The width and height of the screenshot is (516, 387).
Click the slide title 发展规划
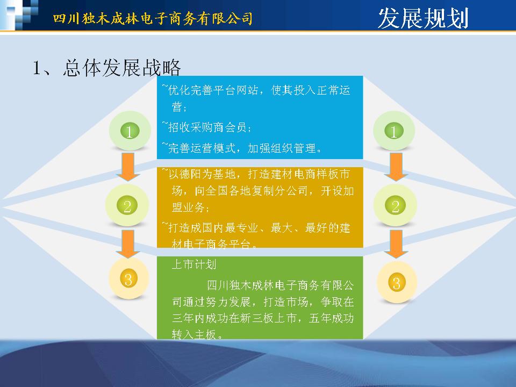(x=423, y=18)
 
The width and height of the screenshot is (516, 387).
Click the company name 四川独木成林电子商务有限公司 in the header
(x=153, y=18)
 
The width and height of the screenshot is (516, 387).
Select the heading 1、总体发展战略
(x=106, y=68)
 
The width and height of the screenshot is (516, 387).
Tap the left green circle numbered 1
(x=130, y=131)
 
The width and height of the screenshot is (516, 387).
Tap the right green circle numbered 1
(x=394, y=131)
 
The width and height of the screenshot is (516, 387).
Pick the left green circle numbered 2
(x=127, y=205)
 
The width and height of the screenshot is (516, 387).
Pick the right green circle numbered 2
(x=395, y=205)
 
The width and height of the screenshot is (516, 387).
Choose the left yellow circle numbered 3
(x=128, y=279)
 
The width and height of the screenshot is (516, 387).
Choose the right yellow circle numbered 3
(x=397, y=283)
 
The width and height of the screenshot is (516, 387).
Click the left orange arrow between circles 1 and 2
(x=128, y=167)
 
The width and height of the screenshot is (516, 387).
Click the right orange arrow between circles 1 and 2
(x=396, y=167)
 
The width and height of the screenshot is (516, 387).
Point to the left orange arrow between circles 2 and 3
(x=128, y=243)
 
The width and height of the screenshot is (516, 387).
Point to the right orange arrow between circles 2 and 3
(x=396, y=243)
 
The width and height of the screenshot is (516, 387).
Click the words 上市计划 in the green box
(x=194, y=264)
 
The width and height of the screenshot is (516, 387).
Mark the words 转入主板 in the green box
(x=194, y=334)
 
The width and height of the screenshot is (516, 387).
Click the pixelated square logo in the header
(x=19, y=15)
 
